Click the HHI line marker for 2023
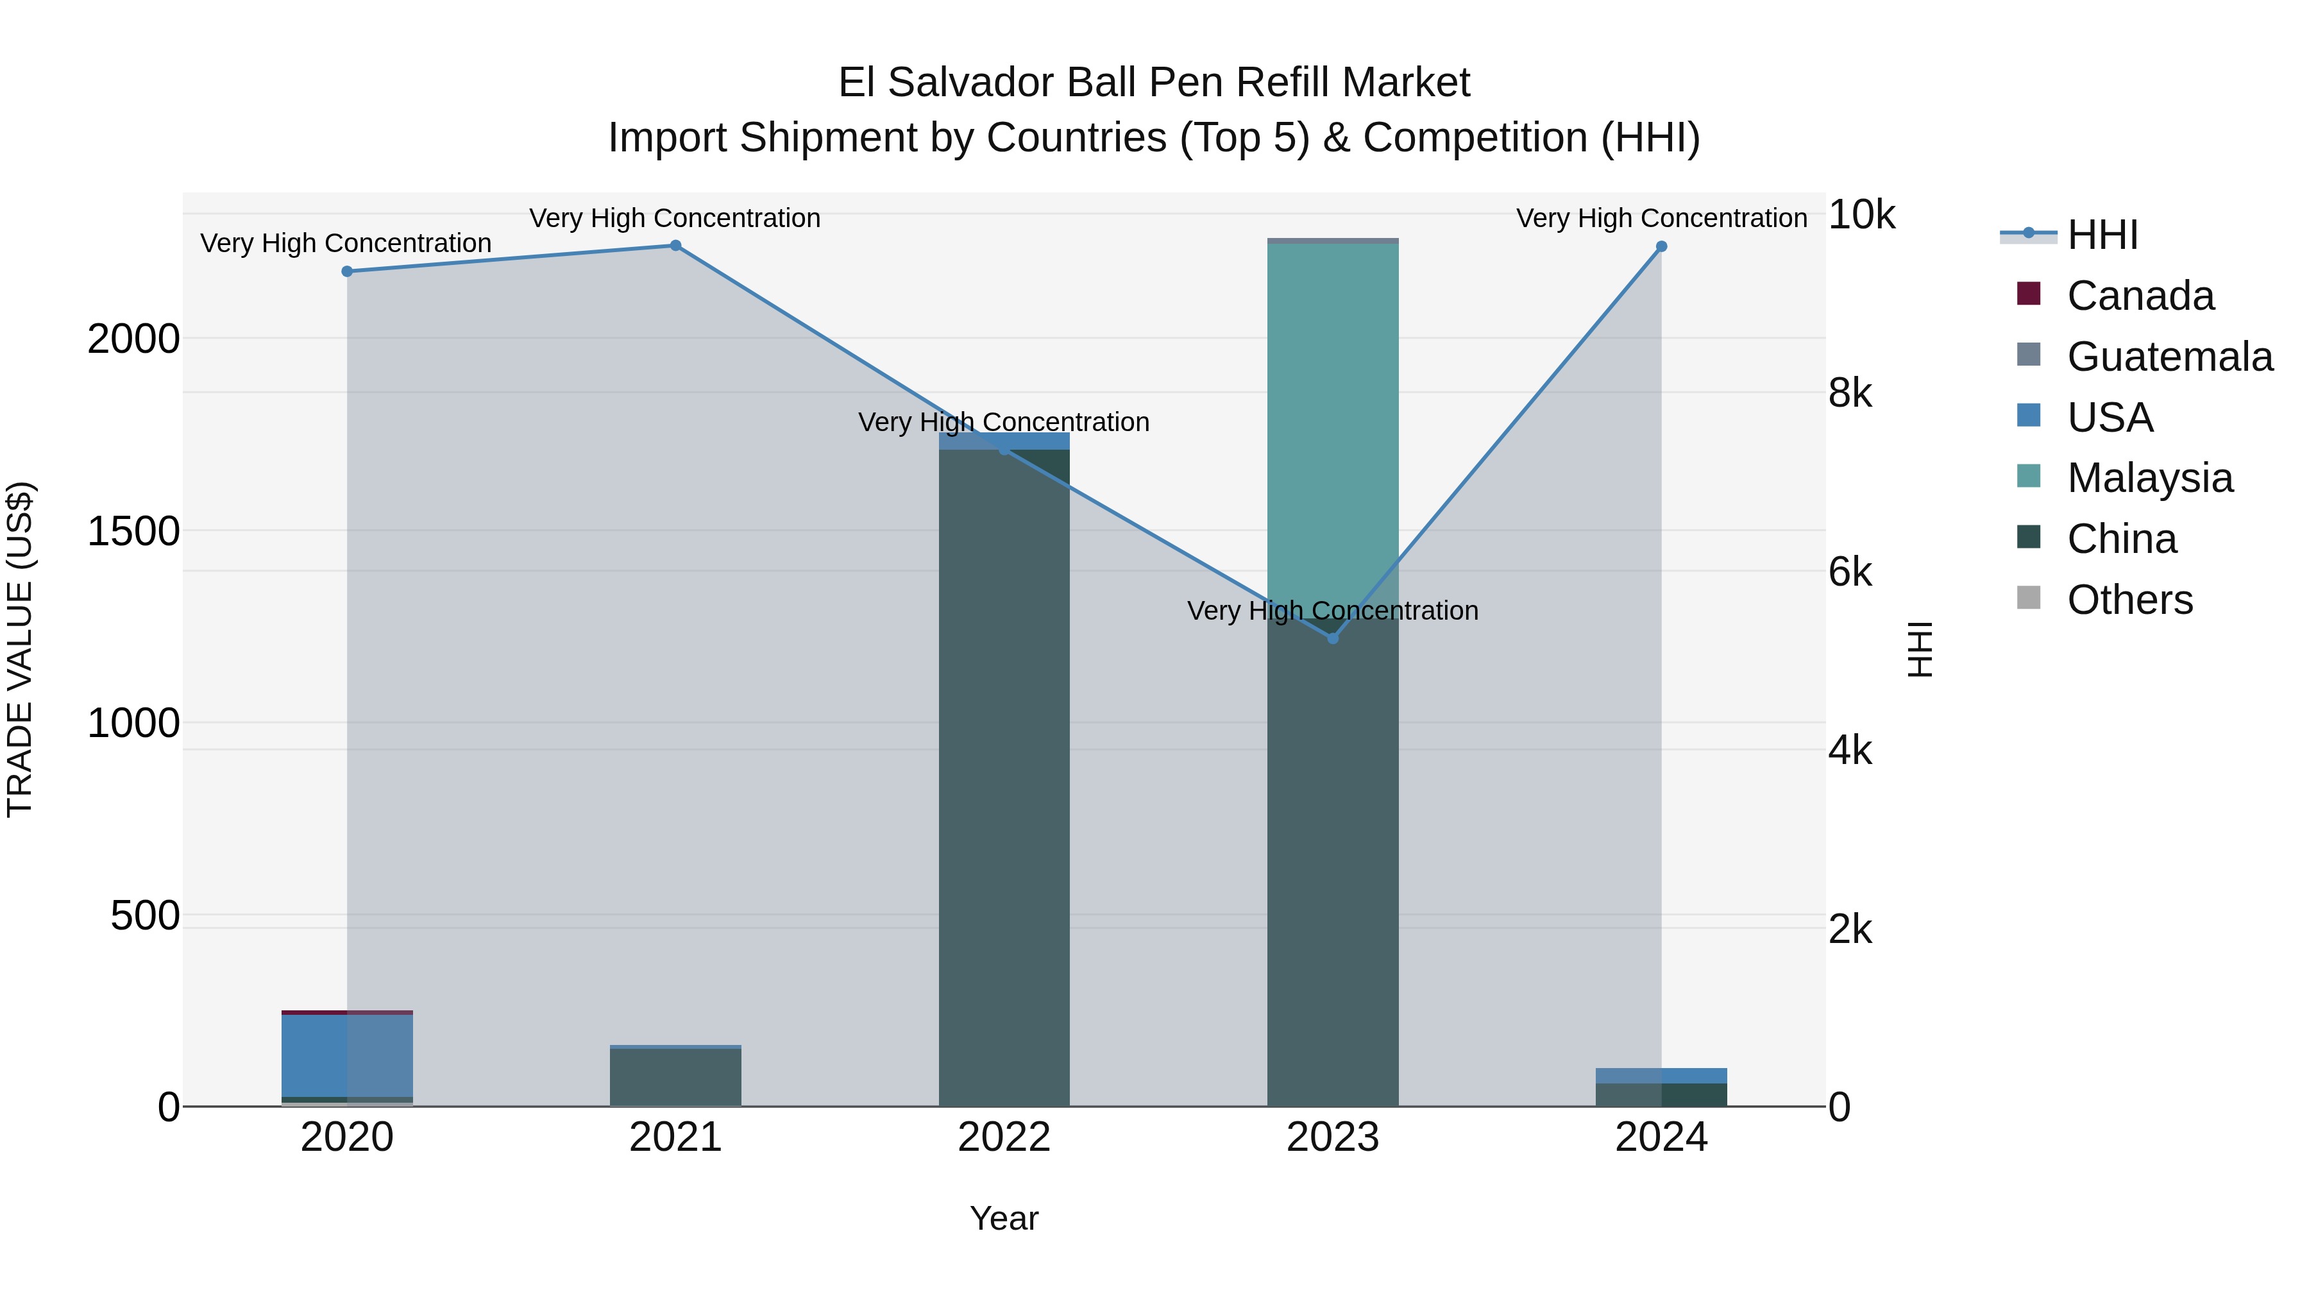(x=1332, y=638)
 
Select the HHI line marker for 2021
(x=676, y=246)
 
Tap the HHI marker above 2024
(x=1661, y=246)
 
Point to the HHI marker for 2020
(x=347, y=271)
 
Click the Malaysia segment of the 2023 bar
(x=1332, y=430)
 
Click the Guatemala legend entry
(x=2169, y=357)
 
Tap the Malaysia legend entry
(x=2149, y=478)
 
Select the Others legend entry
(x=2129, y=600)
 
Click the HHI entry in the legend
(x=2101, y=235)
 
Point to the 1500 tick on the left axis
(x=133, y=532)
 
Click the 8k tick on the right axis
(x=1850, y=394)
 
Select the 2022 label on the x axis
(x=1004, y=1137)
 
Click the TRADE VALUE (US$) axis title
(x=20, y=649)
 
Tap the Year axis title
(x=1004, y=1218)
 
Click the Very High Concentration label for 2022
(x=1004, y=422)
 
